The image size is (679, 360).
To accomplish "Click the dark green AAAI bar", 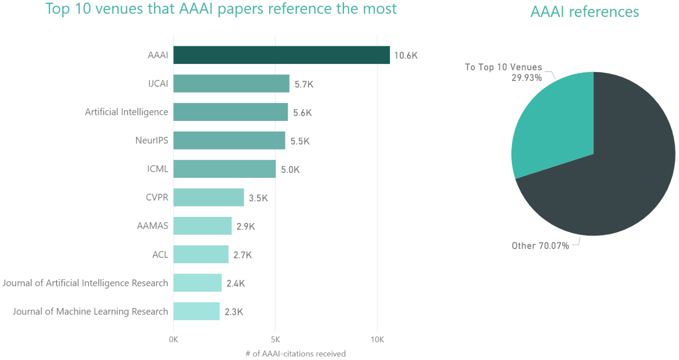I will click(x=281, y=55).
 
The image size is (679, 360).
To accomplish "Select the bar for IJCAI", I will click(x=231, y=84).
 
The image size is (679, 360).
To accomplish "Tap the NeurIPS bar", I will click(x=229, y=141).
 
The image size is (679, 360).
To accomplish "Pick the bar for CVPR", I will click(x=209, y=198).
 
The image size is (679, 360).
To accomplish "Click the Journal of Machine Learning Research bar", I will click(x=196, y=312).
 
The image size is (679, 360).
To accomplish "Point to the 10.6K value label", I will click(x=406, y=56).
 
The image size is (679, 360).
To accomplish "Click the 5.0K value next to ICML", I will click(x=290, y=169).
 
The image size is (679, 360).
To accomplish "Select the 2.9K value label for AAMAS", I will click(x=245, y=226).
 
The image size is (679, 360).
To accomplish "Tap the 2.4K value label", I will click(x=235, y=283).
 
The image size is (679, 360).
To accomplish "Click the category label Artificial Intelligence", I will click(x=126, y=112).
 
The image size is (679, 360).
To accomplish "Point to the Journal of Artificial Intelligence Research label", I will click(x=85, y=283).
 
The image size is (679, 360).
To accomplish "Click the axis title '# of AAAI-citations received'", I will click(x=295, y=353).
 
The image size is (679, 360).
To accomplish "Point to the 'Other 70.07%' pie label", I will click(x=540, y=246).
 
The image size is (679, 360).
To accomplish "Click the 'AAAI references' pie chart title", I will click(x=584, y=12).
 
